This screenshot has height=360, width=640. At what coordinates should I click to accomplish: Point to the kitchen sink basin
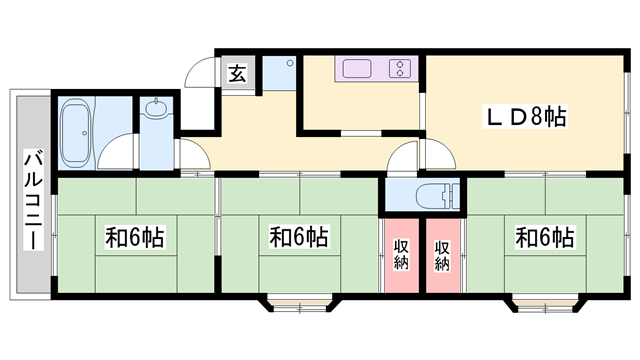[x=357, y=69]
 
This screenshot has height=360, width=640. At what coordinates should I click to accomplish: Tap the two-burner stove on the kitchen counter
[x=399, y=69]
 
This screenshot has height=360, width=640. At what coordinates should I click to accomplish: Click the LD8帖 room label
[x=526, y=116]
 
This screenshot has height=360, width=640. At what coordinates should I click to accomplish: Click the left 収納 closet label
[x=401, y=254]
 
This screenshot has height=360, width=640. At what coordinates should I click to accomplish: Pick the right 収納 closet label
[x=442, y=254]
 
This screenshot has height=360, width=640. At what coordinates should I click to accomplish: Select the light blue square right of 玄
[x=282, y=73]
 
